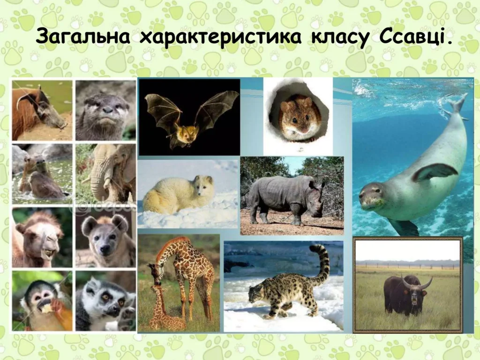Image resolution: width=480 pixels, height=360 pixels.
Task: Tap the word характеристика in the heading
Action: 220,38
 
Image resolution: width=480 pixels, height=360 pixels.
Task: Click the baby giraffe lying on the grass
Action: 164,309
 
